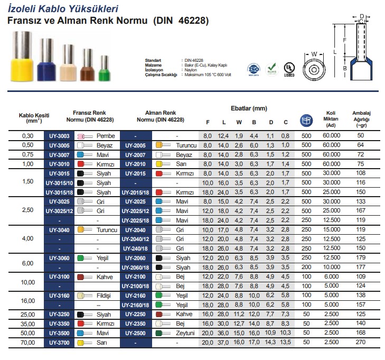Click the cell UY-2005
[136, 145]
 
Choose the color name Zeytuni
[186, 333]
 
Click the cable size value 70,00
[26, 342]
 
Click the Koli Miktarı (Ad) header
[331, 119]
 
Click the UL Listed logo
[289, 70]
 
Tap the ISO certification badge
[253, 70]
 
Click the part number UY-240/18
[136, 248]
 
